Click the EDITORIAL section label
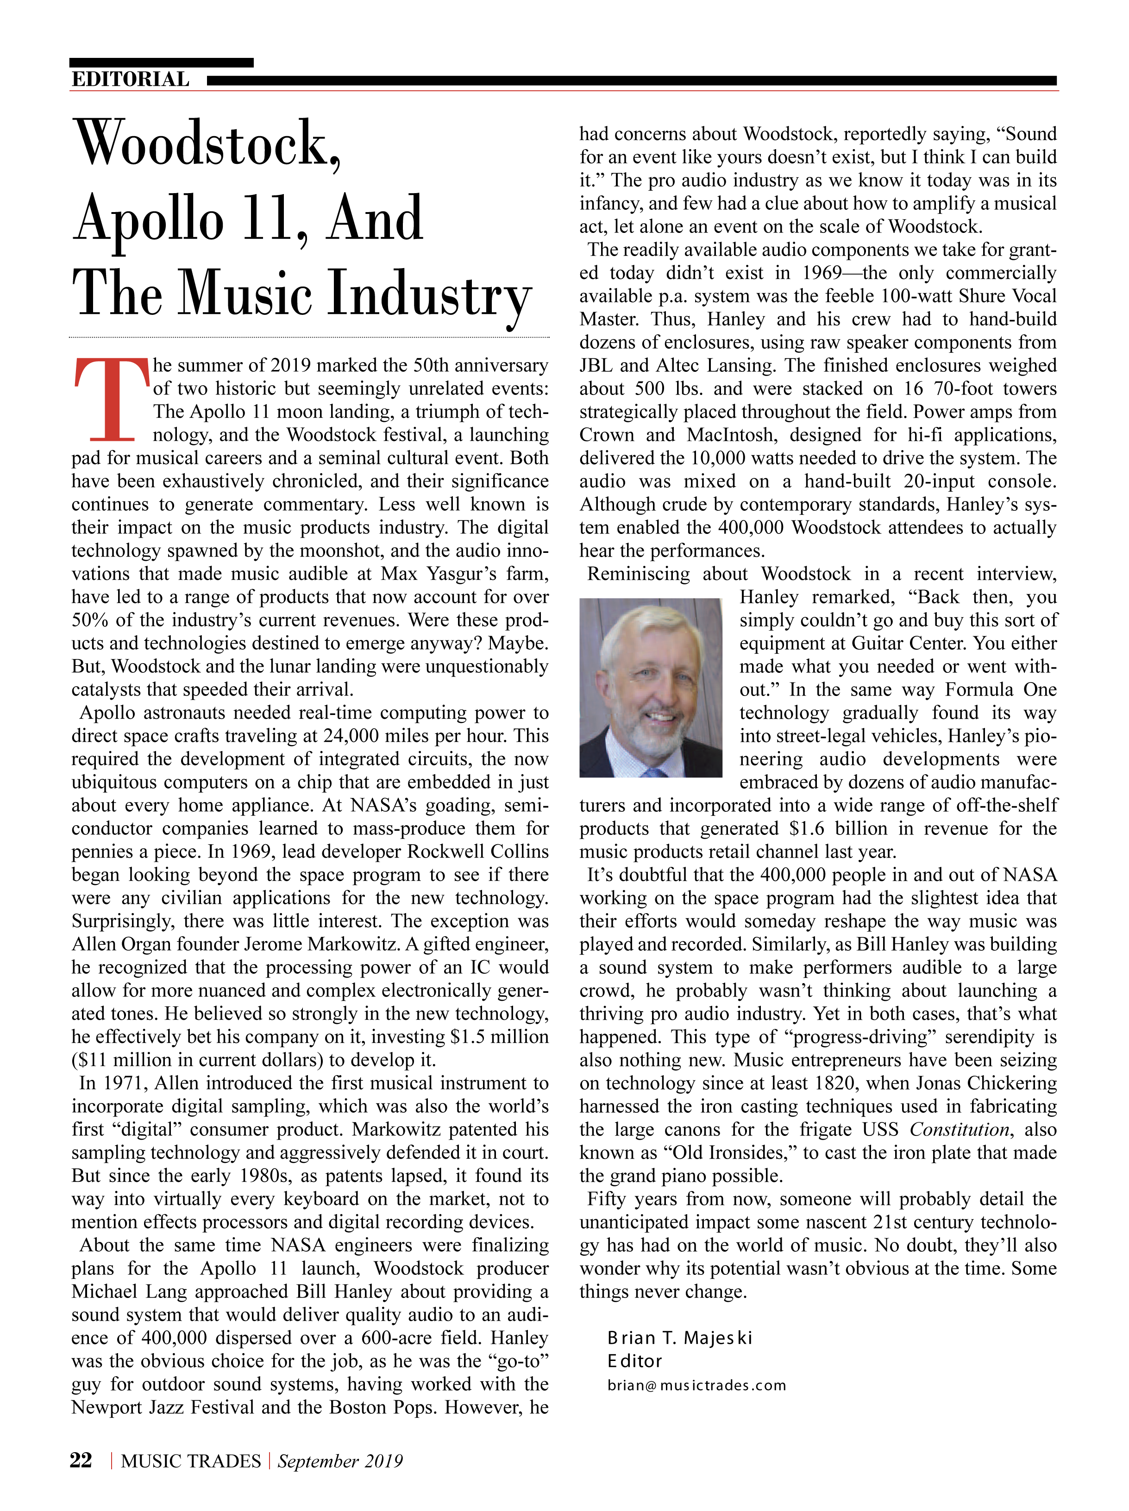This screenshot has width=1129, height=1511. click(130, 79)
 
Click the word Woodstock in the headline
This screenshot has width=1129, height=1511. click(205, 144)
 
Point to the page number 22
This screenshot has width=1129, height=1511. click(81, 1461)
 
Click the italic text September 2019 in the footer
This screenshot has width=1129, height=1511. click(339, 1461)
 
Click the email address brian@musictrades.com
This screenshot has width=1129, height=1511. click(696, 1386)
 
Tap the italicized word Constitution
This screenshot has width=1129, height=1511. click(958, 1130)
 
